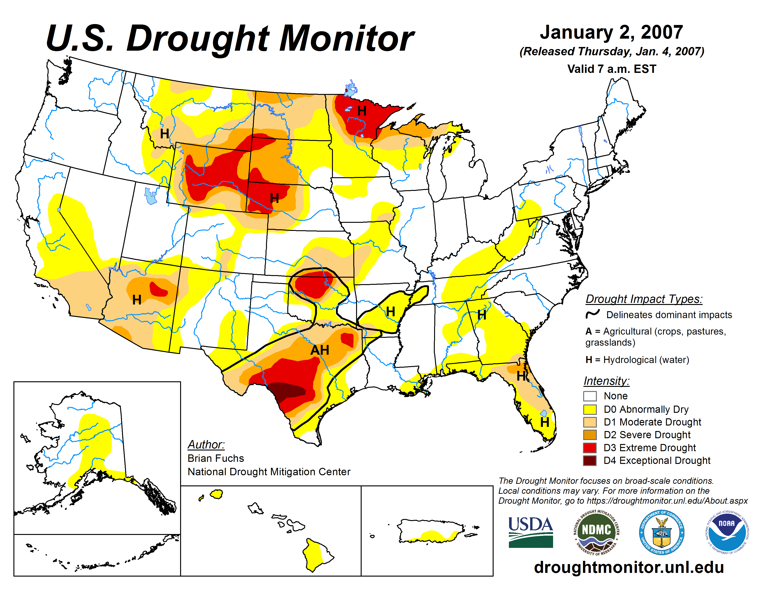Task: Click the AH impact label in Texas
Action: click(x=320, y=350)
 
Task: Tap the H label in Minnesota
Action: click(x=362, y=111)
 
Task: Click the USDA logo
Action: click(x=530, y=532)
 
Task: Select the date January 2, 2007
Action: click(x=611, y=32)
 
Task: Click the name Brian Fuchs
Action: click(x=216, y=458)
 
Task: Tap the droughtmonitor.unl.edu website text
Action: click(x=629, y=567)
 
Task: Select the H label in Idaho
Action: click(x=164, y=134)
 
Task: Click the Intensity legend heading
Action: click(x=606, y=381)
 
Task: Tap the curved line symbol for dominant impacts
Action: click(x=593, y=314)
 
